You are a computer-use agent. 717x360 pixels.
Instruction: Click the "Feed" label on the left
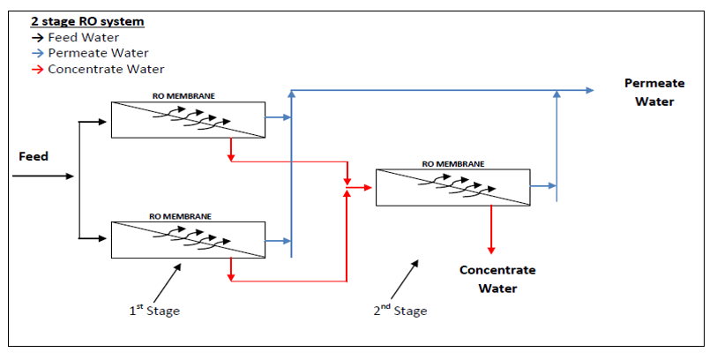click(34, 156)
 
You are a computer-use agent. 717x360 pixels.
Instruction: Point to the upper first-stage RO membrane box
click(187, 119)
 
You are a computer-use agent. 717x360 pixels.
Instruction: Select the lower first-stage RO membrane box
click(187, 240)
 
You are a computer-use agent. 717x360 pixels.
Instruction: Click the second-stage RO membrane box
click(453, 187)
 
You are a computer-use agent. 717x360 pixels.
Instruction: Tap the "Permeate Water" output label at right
click(654, 92)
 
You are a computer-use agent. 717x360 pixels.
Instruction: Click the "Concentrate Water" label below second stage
click(497, 279)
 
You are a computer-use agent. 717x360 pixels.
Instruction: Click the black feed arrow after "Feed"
click(44, 176)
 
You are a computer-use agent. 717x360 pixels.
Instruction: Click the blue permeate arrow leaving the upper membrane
click(279, 117)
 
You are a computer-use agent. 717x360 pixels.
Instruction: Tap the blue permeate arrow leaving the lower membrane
click(279, 240)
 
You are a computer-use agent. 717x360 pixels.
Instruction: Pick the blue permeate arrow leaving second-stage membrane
click(543, 186)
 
